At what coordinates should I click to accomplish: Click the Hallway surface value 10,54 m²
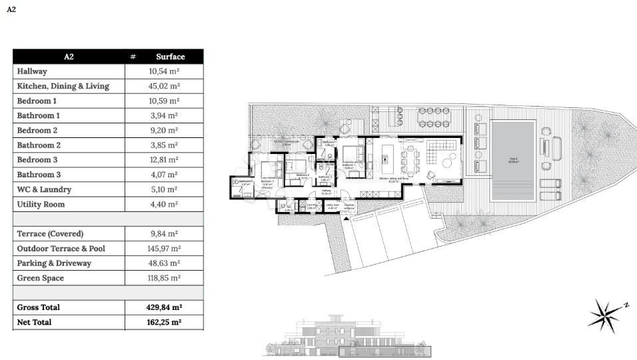point(164,71)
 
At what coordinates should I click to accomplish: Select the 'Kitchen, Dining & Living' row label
point(63,86)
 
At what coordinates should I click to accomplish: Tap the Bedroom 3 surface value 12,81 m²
point(164,160)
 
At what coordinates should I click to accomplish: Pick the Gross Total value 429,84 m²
point(164,307)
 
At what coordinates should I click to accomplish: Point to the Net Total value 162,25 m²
point(164,322)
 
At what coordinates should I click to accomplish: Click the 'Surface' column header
point(170,57)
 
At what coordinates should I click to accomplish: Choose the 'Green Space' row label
point(41,278)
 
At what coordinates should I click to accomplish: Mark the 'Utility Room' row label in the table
point(41,204)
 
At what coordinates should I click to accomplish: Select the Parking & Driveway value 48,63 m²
point(164,263)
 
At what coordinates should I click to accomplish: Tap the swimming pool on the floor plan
point(513,160)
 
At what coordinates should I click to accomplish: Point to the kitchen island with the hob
point(385,159)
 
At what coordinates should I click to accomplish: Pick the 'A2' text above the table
point(11,10)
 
